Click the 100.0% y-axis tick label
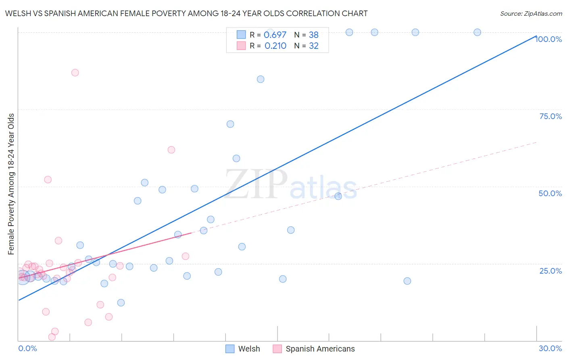(x=549, y=39)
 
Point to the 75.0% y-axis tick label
(x=550, y=116)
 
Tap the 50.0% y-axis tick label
(x=550, y=193)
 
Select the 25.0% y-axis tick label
(x=550, y=271)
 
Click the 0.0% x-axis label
(x=27, y=348)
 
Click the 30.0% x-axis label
(x=550, y=348)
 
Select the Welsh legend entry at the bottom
(x=249, y=349)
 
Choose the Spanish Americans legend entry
(x=320, y=349)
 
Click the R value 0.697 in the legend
(x=275, y=35)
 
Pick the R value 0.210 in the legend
(x=275, y=46)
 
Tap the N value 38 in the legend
(x=314, y=35)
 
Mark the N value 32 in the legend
(x=314, y=46)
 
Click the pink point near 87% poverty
(x=75, y=73)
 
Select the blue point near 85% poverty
(x=261, y=79)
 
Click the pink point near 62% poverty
(x=171, y=150)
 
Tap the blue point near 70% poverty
(x=230, y=124)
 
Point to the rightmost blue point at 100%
(x=477, y=32)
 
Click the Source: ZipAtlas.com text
(x=531, y=14)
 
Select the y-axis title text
(x=11, y=184)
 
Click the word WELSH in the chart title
(x=17, y=13)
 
